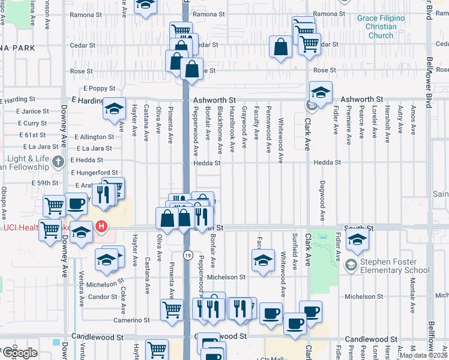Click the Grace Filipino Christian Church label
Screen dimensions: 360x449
(381, 27)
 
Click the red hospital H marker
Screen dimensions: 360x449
(102, 227)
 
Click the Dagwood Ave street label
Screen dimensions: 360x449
(322, 200)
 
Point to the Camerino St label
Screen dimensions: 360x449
(133, 320)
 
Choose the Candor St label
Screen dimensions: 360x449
(102, 297)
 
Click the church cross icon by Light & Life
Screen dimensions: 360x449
(58, 161)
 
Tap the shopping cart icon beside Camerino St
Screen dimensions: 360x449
(172, 308)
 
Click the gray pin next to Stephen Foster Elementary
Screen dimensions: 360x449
(351, 264)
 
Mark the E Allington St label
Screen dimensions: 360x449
(94, 137)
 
